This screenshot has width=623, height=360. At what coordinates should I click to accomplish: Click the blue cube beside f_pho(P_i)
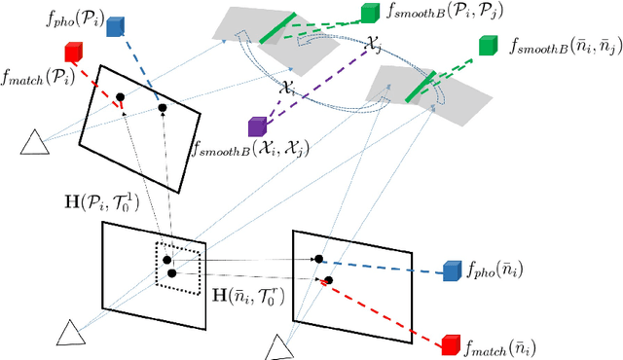tap(117, 26)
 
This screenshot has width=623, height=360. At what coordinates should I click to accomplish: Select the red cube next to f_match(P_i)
tap(74, 53)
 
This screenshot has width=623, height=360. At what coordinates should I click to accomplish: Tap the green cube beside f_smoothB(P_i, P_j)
tap(370, 13)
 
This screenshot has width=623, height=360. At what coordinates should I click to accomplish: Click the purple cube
tap(258, 126)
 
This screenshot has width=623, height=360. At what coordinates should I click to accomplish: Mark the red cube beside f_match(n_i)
tap(450, 344)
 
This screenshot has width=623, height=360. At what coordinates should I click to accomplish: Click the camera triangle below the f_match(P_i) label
tap(36, 144)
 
